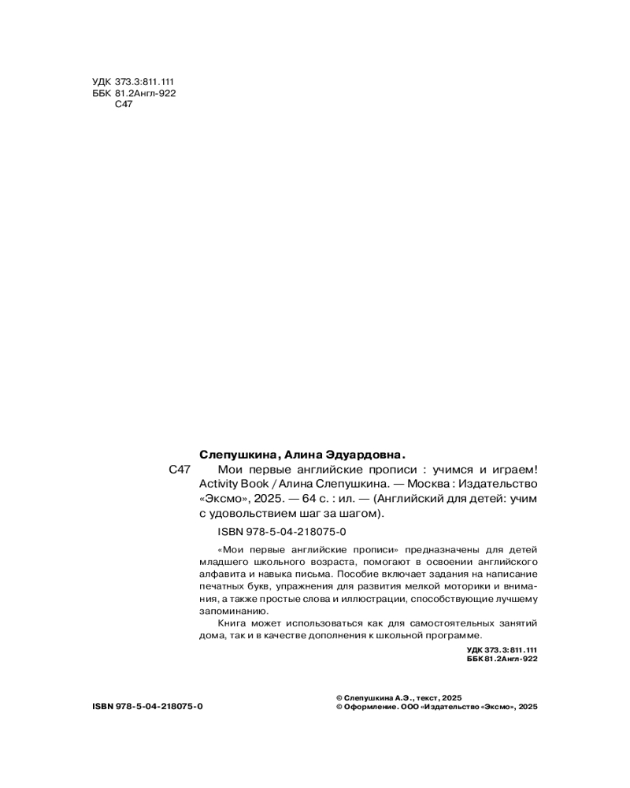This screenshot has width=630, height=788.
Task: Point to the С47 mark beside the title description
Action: click(x=180, y=470)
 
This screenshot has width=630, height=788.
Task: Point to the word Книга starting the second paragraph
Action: click(x=234, y=623)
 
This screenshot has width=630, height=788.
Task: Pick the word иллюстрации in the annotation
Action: click(x=372, y=599)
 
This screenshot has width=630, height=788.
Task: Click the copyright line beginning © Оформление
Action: click(x=436, y=708)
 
